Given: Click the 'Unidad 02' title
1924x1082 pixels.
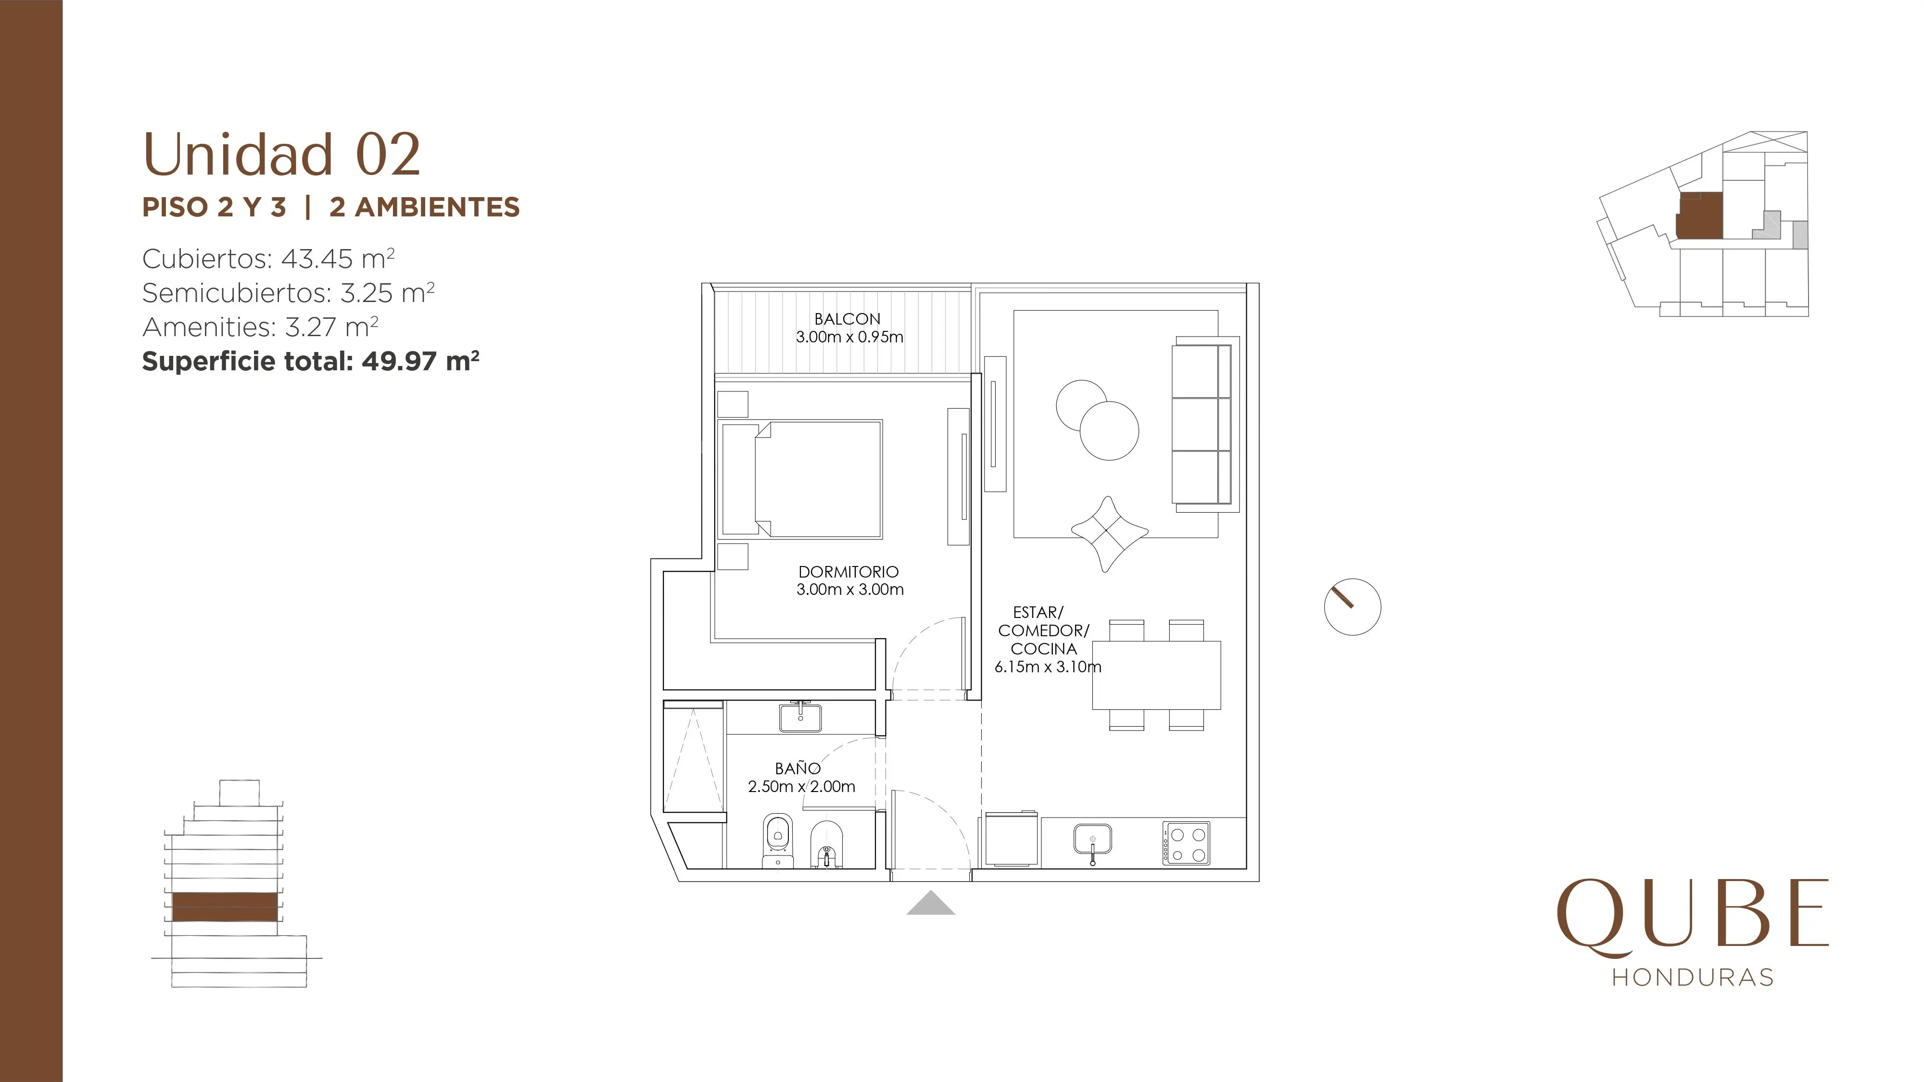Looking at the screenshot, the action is click(281, 154).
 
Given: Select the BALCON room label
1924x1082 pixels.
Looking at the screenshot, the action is click(847, 319).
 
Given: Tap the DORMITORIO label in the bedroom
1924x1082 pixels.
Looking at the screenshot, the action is click(848, 572).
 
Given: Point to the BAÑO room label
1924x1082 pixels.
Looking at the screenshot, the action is click(797, 767).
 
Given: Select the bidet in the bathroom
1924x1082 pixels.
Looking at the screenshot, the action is click(825, 844).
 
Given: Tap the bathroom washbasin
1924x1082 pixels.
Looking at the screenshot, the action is click(800, 717).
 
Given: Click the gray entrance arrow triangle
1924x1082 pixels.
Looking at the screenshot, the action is click(931, 904).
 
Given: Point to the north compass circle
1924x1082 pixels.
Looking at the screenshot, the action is click(1352, 607).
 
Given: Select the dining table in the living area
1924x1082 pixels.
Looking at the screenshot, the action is click(1156, 674).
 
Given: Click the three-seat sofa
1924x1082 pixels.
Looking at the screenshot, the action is click(1202, 424).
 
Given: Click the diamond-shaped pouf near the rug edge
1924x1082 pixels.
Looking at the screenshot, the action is click(1109, 533).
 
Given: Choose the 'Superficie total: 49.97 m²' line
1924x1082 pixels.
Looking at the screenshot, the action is click(311, 362).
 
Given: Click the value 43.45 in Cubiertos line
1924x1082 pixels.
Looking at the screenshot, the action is click(316, 259).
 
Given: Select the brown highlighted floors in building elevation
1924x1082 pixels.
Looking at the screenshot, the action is click(225, 906).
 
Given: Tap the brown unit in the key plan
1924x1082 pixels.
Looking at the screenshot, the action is click(1700, 216).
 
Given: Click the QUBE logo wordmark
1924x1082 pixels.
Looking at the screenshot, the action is click(1693, 918).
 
